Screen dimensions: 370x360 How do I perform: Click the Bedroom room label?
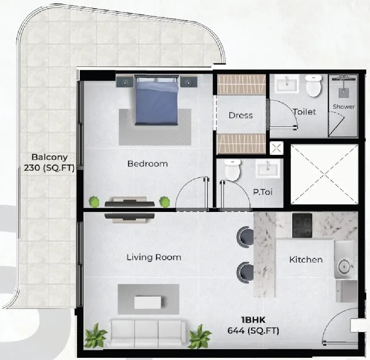148,164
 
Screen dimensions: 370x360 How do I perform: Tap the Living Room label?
154,257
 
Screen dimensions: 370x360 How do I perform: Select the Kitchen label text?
306,259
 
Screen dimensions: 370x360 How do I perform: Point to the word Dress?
241,115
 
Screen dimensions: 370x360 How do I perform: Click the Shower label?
344,106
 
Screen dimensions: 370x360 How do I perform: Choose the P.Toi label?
263,192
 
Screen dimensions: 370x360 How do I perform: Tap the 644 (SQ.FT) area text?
253,331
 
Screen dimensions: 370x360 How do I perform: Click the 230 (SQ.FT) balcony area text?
49,168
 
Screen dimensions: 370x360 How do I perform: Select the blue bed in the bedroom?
156,100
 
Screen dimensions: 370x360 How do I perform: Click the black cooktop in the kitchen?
302,225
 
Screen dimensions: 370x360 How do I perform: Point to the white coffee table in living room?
148,303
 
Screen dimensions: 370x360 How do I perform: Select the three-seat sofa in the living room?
147,333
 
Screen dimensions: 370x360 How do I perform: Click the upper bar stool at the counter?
245,237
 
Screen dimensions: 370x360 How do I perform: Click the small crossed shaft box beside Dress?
276,148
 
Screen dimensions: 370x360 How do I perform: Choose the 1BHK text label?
253,320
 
